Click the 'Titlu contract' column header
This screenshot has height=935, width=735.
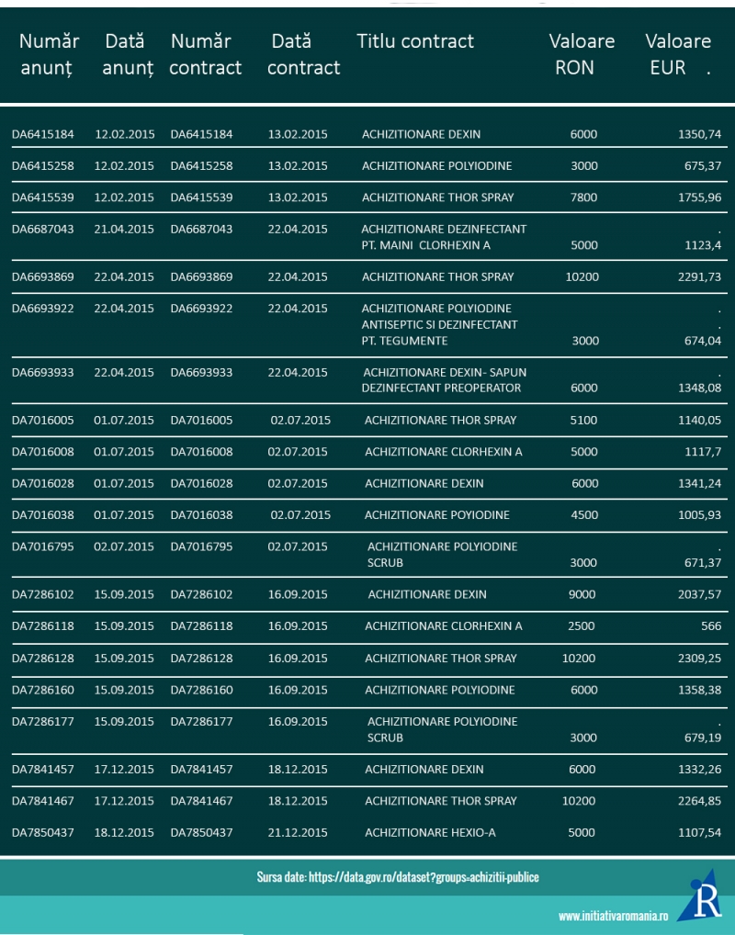pyautogui.click(x=415, y=41)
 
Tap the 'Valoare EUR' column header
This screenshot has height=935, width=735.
pyautogui.click(x=677, y=54)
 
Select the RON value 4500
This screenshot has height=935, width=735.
pyautogui.click(x=584, y=514)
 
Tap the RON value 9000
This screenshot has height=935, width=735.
pyautogui.click(x=582, y=594)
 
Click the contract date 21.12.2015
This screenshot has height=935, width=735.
pyautogui.click(x=298, y=833)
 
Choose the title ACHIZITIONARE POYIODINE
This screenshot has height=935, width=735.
pyautogui.click(x=436, y=514)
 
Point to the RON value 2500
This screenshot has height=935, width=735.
pyautogui.click(x=583, y=626)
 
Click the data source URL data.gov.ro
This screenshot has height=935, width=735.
pyautogui.click(x=398, y=877)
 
